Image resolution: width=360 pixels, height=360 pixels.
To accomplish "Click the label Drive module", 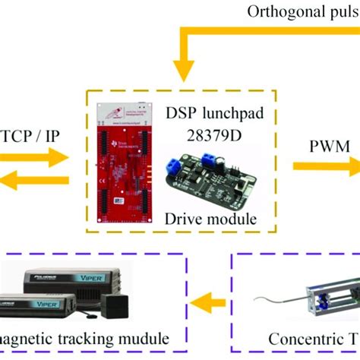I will [x=209, y=221].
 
